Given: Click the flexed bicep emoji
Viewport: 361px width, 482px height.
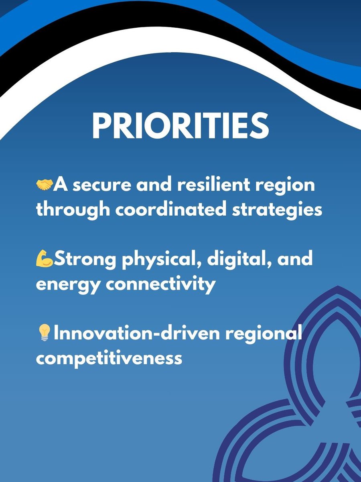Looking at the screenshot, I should [45, 259].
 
